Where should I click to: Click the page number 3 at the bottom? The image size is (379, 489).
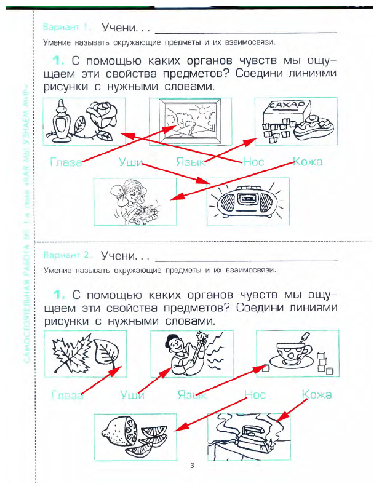pyautogui.click(x=192, y=466)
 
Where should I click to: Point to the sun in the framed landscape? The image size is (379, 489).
pyautogui.click(x=202, y=111)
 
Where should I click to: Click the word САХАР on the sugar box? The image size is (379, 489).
pyautogui.click(x=284, y=106)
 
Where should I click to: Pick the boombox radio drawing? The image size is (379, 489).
pyautogui.click(x=246, y=201)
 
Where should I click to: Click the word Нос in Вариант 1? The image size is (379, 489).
pyautogui.click(x=253, y=162)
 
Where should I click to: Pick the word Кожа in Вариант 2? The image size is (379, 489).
pyautogui.click(x=317, y=394)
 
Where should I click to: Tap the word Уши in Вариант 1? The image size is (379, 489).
pyautogui.click(x=130, y=162)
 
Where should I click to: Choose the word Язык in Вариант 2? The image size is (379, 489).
pyautogui.click(x=191, y=395)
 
